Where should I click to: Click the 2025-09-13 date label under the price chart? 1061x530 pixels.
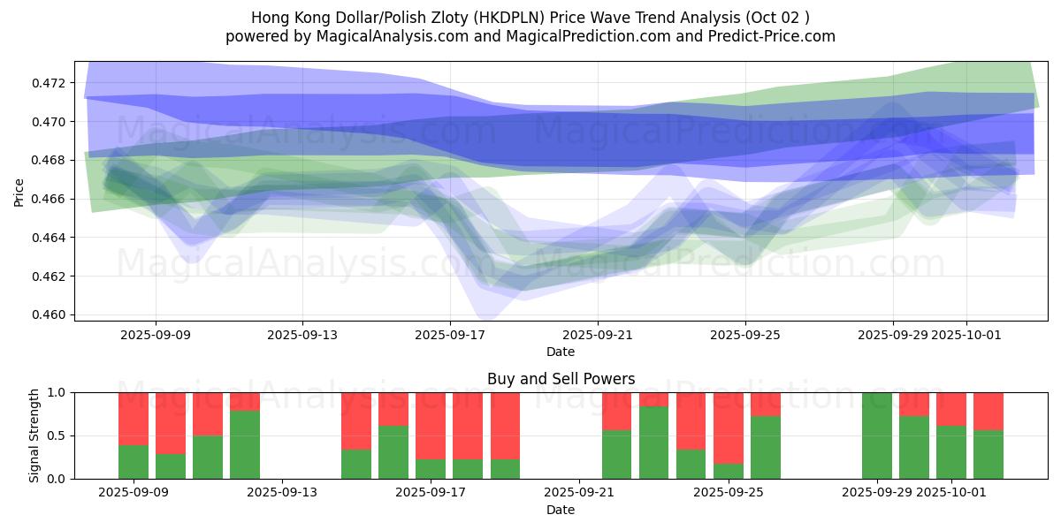pos(302,335)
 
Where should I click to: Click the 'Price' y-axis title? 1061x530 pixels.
pos(19,192)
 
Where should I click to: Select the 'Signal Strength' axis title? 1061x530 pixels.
pos(34,435)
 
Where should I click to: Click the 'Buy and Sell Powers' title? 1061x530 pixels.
pos(561,379)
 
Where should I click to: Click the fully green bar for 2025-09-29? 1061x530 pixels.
pos(877,435)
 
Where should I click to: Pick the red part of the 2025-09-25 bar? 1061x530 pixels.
pos(729,428)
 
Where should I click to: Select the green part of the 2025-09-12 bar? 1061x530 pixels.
pos(245,444)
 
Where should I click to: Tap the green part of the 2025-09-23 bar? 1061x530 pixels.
pos(653,443)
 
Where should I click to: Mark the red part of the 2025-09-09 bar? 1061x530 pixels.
pos(134,418)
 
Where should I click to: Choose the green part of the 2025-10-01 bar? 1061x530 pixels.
pos(951,452)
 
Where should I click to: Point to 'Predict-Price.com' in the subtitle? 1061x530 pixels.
pos(775,36)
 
